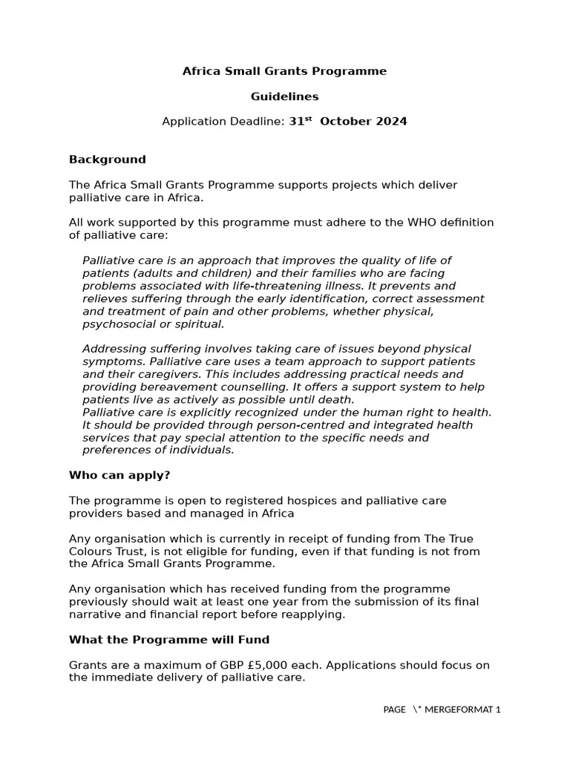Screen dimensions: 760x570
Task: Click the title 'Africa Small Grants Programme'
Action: coord(284,72)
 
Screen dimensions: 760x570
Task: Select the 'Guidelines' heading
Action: coord(284,96)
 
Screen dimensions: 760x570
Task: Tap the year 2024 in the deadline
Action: coord(392,122)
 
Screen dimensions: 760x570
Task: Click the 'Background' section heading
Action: coord(107,160)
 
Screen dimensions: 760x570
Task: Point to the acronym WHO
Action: coord(417,223)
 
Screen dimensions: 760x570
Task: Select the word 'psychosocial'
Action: coord(116,324)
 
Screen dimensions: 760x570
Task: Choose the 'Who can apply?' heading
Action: coord(119,475)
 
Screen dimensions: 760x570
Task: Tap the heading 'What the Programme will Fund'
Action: coord(169,640)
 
